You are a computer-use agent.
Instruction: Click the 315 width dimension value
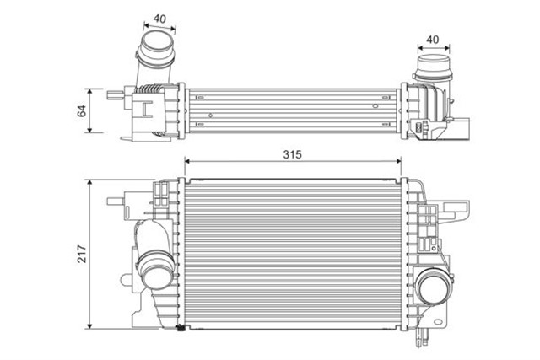click(x=292, y=154)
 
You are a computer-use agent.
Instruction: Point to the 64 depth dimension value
click(x=83, y=110)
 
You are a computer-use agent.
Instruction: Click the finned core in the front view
click(x=295, y=253)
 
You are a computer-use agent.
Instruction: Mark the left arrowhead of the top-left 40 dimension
click(x=143, y=24)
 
